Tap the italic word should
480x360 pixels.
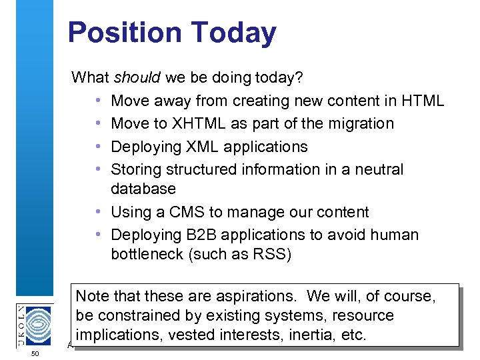tap(137, 78)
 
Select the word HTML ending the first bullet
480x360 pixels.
tap(423, 101)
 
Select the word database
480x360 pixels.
tap(143, 189)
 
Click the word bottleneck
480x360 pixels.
tap(148, 255)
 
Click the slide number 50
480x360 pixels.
tap(35, 353)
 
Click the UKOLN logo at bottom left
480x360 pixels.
tap(35, 325)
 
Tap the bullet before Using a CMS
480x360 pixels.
tap(98, 212)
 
